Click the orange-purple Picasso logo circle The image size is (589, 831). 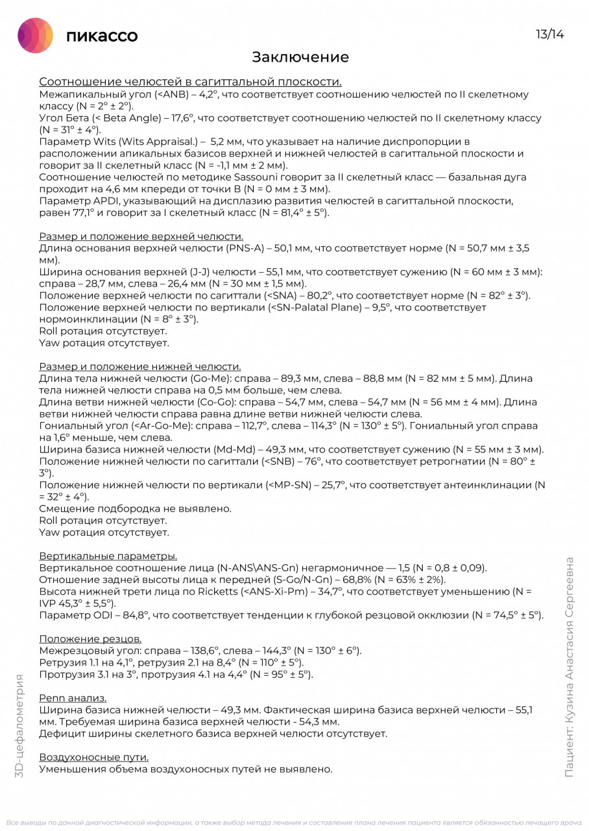35,35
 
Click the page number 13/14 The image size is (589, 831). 549,34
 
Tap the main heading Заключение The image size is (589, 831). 300,57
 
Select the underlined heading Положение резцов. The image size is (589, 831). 90,639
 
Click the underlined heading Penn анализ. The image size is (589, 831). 73,698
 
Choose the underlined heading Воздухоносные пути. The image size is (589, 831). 94,757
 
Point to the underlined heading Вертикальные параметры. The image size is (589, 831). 108,556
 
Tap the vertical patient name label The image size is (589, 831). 569,667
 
